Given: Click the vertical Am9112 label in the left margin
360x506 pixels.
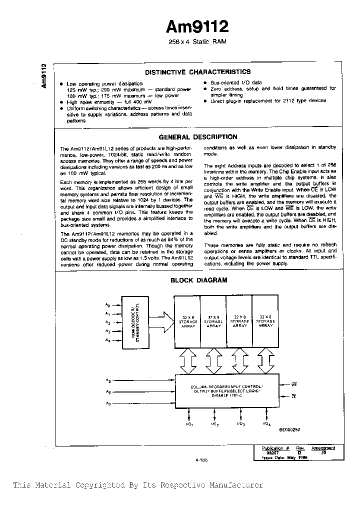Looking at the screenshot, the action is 44,76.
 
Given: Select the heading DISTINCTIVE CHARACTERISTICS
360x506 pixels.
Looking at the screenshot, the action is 197,72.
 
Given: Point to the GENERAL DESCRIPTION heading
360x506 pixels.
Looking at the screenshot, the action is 197,136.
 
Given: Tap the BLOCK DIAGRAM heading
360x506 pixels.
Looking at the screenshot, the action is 198,280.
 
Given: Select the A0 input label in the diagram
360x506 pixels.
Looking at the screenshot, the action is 107,304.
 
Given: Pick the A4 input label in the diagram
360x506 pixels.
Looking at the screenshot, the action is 107,340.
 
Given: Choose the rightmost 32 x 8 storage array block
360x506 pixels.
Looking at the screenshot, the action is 265,322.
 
